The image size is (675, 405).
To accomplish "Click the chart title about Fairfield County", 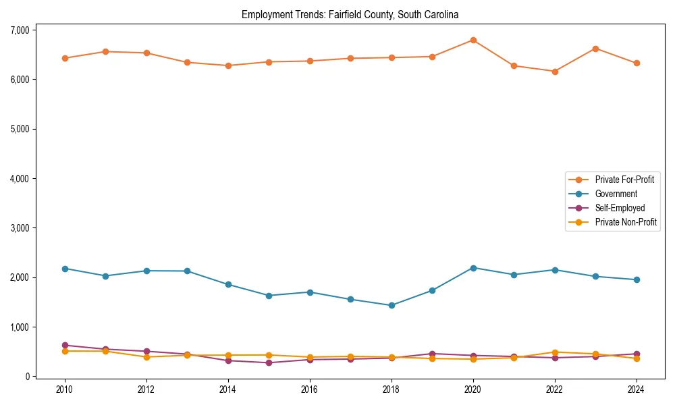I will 350,14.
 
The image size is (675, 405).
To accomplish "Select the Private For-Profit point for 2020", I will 473,40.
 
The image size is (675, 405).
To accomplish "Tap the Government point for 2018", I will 391,305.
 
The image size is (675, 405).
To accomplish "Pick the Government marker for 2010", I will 65,269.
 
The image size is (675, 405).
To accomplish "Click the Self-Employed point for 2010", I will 65,345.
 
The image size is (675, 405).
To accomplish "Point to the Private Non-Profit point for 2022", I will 555,352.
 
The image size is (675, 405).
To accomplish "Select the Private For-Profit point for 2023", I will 595,49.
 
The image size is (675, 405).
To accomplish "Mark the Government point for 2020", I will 473,268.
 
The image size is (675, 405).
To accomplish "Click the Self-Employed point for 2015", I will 269,362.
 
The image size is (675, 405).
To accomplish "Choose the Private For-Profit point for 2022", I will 555,72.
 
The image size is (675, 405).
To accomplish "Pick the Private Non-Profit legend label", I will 626,222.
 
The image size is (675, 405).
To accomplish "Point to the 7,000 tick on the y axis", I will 20,30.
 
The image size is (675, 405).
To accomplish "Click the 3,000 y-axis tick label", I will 20,228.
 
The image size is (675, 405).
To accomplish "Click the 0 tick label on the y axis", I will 27,377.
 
